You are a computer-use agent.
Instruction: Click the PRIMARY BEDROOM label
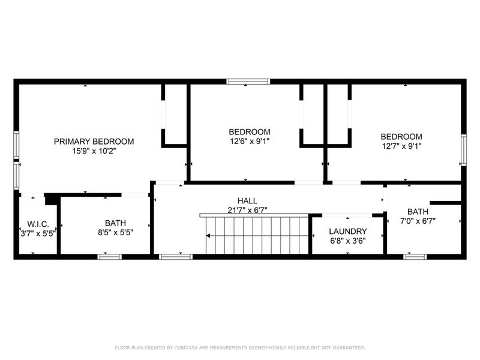coord(94,142)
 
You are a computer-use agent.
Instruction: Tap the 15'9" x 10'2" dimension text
coord(94,151)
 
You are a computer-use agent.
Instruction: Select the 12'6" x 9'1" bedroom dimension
coord(250,142)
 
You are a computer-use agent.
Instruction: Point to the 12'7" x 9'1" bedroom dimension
coord(401,146)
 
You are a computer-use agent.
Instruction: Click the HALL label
coord(247,201)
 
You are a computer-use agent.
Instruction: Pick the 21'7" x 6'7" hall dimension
coord(247,210)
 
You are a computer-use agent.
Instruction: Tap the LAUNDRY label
coord(348,232)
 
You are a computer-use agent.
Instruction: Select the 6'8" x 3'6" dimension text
coord(348,241)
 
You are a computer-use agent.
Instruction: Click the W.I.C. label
coord(38,224)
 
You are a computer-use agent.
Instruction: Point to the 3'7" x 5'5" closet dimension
coord(38,233)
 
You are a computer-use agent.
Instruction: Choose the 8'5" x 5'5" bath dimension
coord(115,232)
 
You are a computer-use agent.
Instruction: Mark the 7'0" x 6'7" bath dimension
coord(418,221)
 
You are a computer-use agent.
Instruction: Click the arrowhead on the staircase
coord(208,236)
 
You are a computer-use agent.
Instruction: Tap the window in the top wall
coord(248,82)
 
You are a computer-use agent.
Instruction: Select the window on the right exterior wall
coord(464,150)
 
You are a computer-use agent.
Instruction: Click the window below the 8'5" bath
coord(110,257)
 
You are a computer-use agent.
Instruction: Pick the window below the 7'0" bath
coord(415,257)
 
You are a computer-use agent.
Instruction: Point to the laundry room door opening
coord(347,215)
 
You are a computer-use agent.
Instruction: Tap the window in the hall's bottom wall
coord(176,257)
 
